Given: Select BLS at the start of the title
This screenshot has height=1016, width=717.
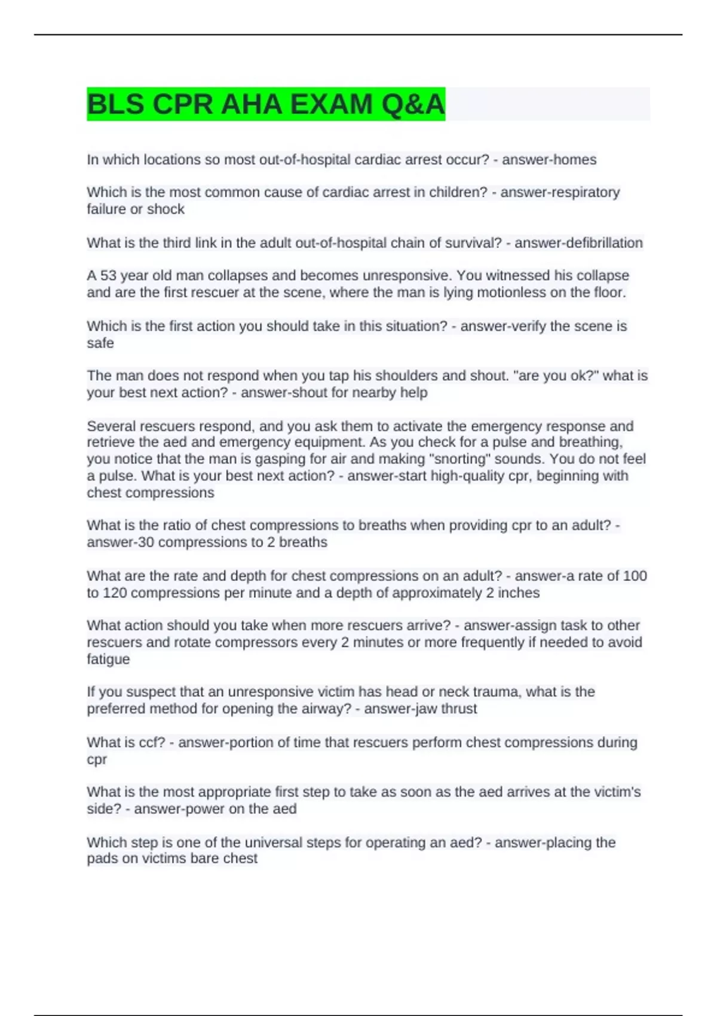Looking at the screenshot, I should (115, 105).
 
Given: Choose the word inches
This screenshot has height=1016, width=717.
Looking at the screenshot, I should (519, 593).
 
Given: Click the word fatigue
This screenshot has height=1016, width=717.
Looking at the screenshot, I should (108, 659).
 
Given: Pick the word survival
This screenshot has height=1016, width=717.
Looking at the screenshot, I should (473, 243).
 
